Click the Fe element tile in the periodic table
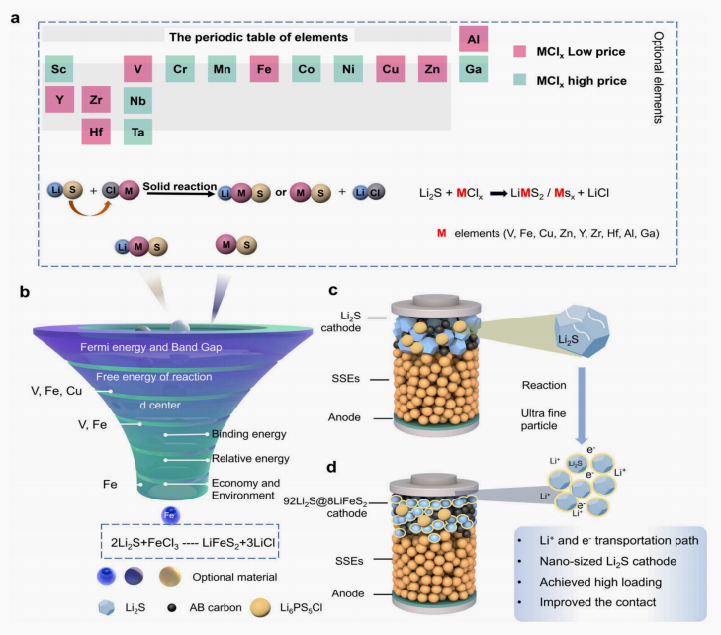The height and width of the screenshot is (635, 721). coord(264,69)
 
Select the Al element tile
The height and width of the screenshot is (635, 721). coord(473,39)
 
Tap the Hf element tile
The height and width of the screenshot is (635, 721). coord(96,132)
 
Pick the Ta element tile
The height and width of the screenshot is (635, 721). coord(137,132)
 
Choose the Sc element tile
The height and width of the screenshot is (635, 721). coord(59,69)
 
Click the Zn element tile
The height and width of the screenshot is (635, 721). coord(432,69)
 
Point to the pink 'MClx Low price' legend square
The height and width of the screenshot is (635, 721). coord(519,51)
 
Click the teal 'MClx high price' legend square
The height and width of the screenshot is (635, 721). coord(519,80)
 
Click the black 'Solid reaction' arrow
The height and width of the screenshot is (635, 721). coord(181,194)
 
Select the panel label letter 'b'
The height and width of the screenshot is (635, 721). coord(25,292)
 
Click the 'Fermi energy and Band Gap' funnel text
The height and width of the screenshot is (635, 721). coord(150,347)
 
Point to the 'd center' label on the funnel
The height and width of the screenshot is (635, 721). coord(160,406)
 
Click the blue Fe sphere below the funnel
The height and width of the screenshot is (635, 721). coord(170,515)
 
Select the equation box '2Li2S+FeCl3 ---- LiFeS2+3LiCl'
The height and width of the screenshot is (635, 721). coord(190,542)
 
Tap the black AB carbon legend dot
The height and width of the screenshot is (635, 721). coord(172,608)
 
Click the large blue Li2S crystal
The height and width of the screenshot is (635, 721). coord(582,330)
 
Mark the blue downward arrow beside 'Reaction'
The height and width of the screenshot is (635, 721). coord(582,406)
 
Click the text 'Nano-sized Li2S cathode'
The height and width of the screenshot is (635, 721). coord(608,561)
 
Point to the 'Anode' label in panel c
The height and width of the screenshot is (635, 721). coord(344,417)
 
